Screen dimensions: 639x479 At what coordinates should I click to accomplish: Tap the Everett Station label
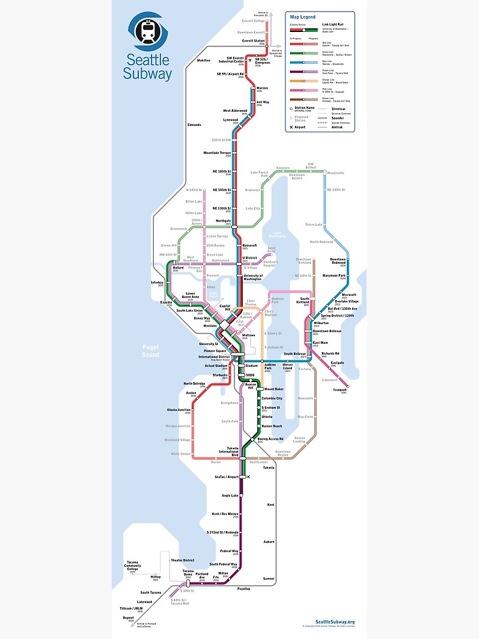click(x=253, y=41)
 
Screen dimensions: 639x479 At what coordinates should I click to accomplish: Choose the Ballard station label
click(x=178, y=267)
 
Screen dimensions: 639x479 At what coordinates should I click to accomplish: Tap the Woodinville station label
click(x=335, y=173)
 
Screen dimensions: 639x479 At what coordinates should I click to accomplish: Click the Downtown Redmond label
click(x=337, y=261)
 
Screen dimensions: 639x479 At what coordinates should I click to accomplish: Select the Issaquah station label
click(x=339, y=389)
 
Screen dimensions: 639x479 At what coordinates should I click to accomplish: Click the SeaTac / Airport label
click(x=226, y=477)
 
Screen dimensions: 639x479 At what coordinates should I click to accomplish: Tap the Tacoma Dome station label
click(x=188, y=572)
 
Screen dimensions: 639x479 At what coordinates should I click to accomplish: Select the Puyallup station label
click(x=243, y=588)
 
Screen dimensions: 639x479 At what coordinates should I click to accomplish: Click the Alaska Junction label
click(x=179, y=410)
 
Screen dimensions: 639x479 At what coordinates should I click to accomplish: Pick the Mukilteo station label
click(x=202, y=60)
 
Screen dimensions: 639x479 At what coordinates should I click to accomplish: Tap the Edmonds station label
click(x=194, y=125)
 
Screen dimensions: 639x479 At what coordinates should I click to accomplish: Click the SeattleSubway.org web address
click(x=335, y=622)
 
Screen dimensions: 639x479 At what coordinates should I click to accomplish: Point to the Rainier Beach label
click(x=271, y=426)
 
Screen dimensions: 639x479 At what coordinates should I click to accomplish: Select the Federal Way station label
click(x=229, y=550)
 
